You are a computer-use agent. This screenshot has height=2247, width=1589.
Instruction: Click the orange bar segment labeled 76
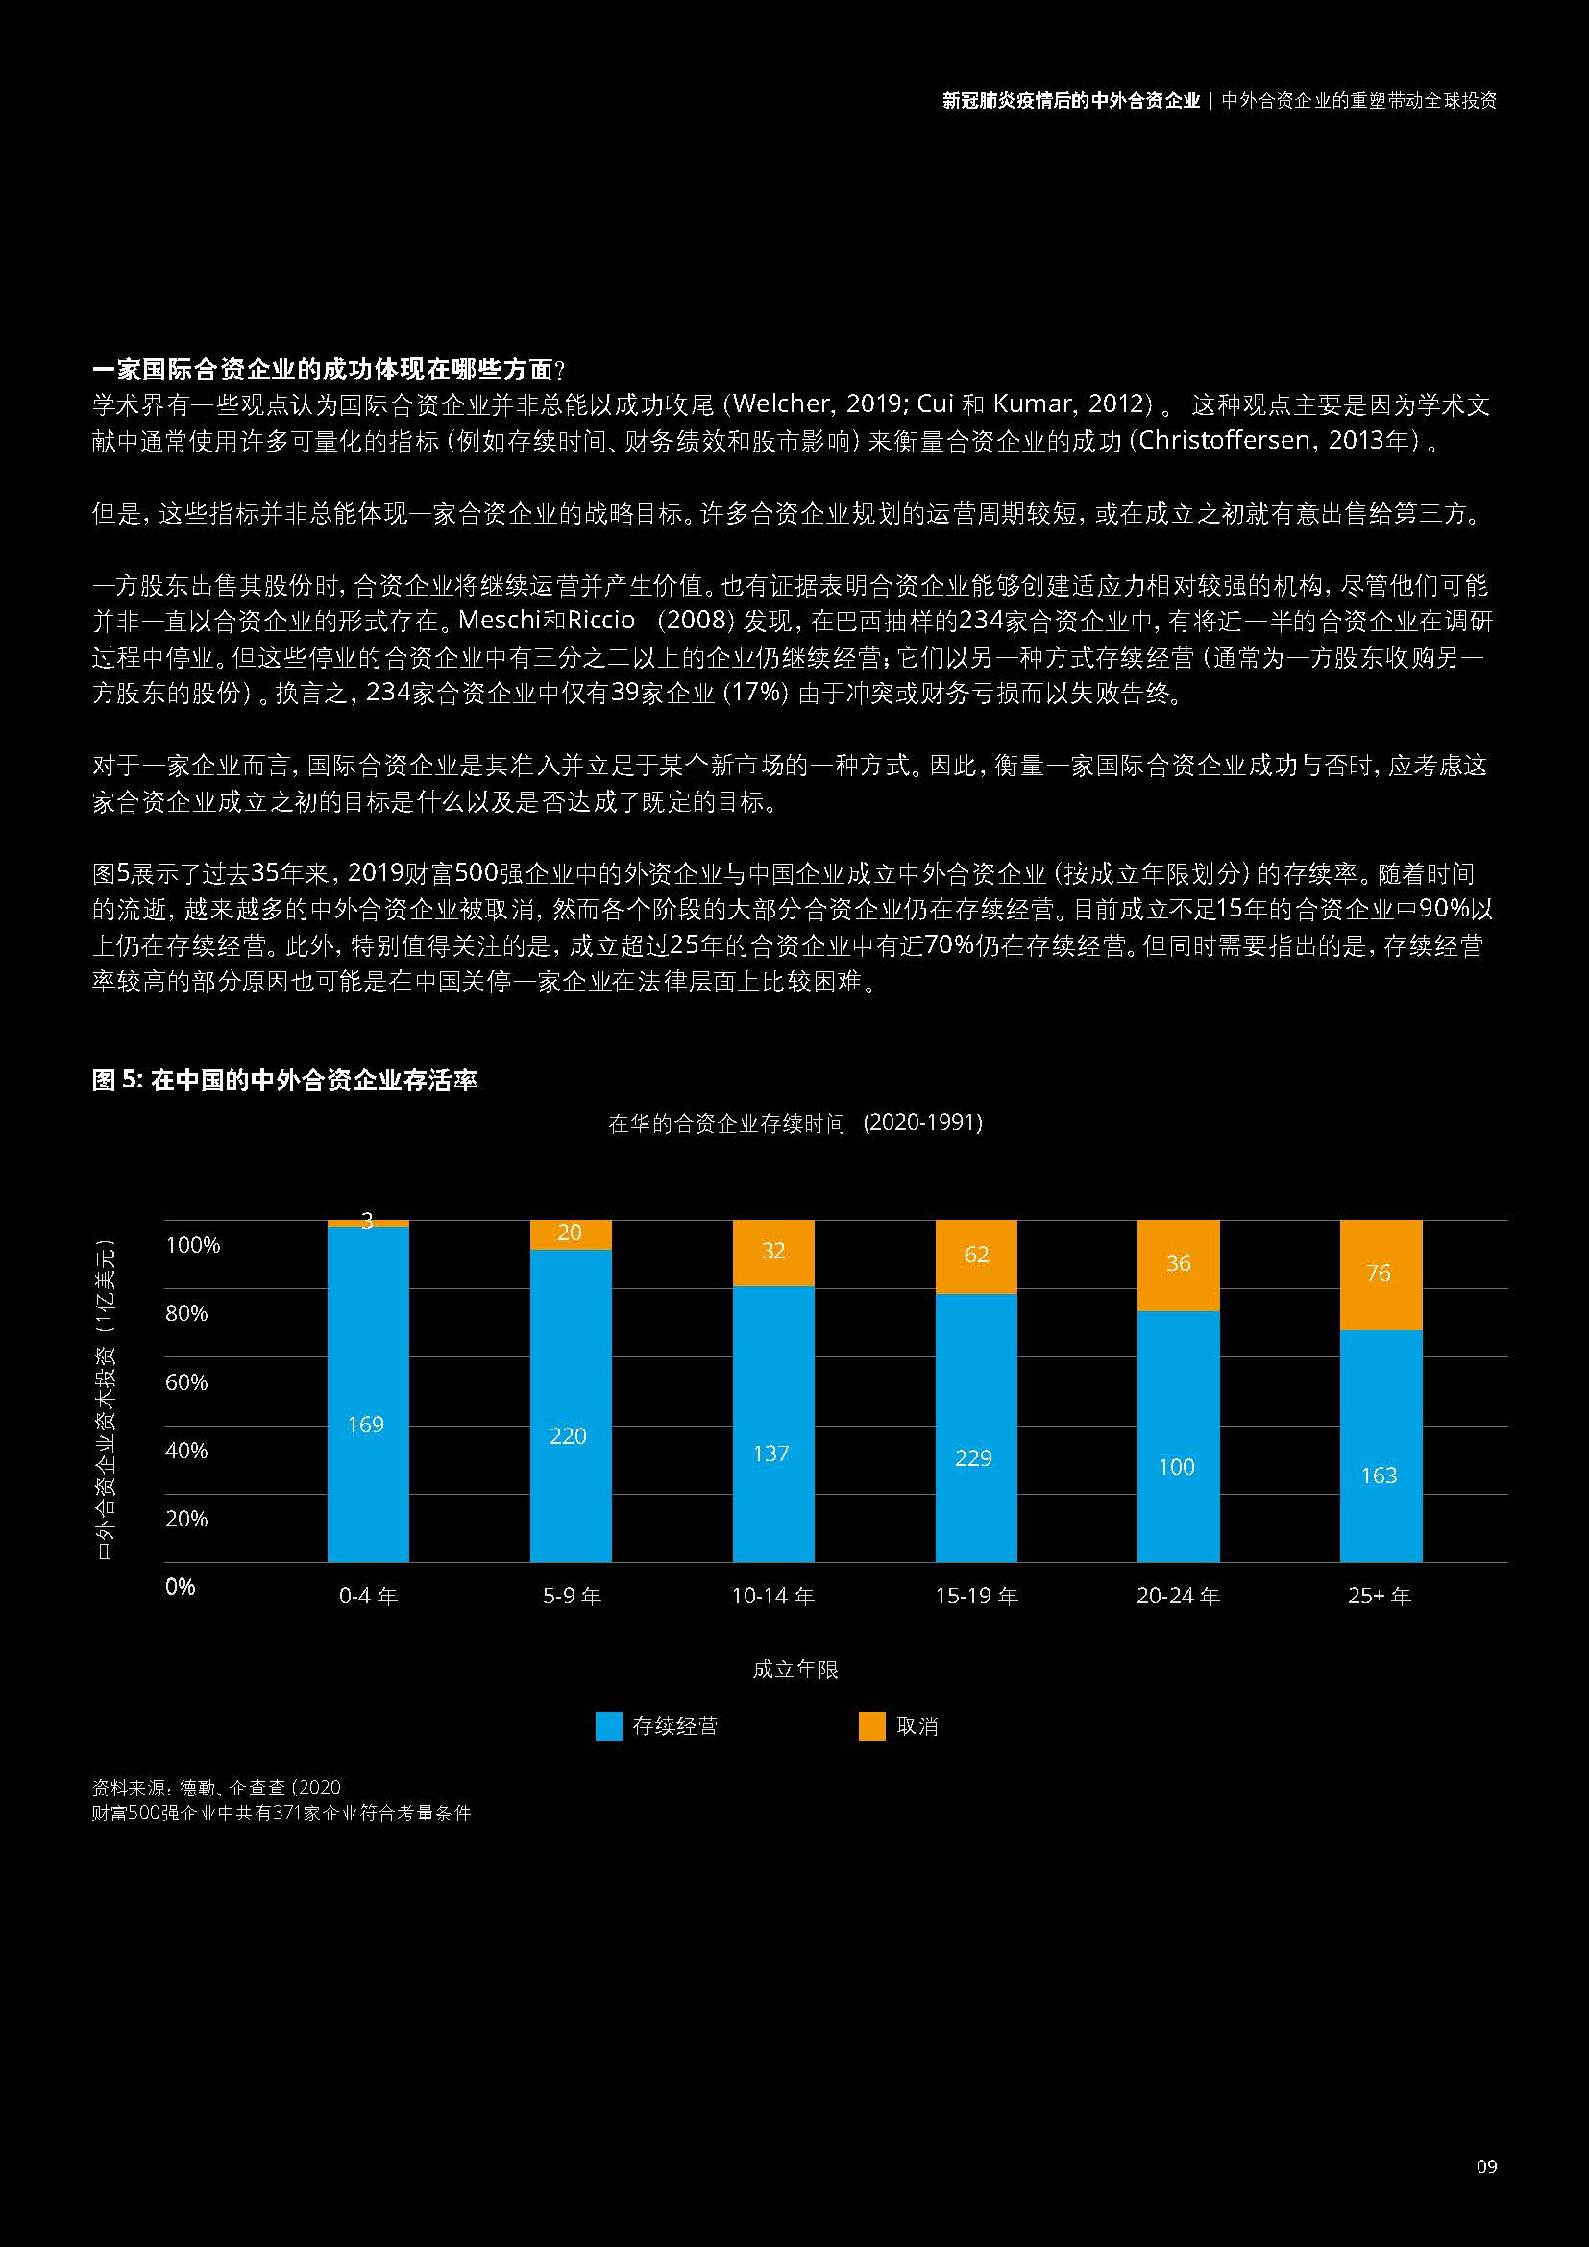(1380, 1274)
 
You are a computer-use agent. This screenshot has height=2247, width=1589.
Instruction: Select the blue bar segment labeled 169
(368, 1394)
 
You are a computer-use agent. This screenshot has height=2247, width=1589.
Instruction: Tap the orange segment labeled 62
(975, 1257)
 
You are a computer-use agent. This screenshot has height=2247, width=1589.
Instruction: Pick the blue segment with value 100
(1177, 1435)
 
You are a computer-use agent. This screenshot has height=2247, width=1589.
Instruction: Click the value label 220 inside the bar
(569, 1435)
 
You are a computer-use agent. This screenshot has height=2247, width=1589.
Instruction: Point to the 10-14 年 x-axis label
(773, 1597)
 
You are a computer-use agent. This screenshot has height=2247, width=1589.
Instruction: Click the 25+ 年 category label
(1380, 1597)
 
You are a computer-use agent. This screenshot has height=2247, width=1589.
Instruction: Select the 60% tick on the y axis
(186, 1381)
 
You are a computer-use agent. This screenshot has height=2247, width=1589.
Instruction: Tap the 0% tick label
(180, 1586)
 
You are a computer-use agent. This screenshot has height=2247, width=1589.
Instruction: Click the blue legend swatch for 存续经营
(608, 1726)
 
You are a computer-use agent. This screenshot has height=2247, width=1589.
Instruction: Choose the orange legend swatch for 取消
(871, 1726)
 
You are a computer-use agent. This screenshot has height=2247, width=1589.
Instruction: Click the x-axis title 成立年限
(794, 1670)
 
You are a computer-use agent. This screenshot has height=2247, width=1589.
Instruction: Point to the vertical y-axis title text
(106, 1400)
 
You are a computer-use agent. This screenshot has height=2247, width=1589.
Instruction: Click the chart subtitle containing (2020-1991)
(794, 1122)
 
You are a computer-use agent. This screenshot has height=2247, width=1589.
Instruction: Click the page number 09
(1486, 2165)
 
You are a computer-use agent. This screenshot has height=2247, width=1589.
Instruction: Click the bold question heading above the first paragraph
(329, 370)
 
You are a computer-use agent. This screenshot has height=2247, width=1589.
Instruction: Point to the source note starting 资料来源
(216, 1787)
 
